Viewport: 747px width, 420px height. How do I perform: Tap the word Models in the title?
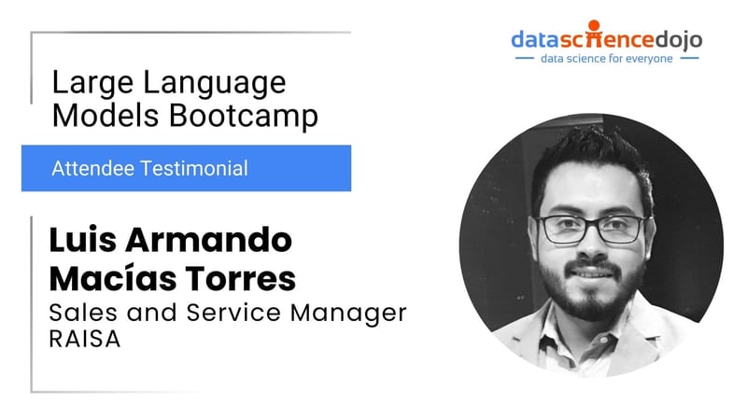point(106,115)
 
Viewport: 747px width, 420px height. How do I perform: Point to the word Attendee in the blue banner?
point(92,169)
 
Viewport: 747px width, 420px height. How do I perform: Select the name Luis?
point(82,240)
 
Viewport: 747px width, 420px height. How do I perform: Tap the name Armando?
point(208,240)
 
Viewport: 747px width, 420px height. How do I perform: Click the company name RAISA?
point(85,339)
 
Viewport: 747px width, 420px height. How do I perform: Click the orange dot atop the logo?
point(594,26)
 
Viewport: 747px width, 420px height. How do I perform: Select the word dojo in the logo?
point(678,40)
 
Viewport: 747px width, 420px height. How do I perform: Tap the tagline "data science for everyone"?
point(606,59)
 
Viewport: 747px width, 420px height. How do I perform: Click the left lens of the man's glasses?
point(563,230)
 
